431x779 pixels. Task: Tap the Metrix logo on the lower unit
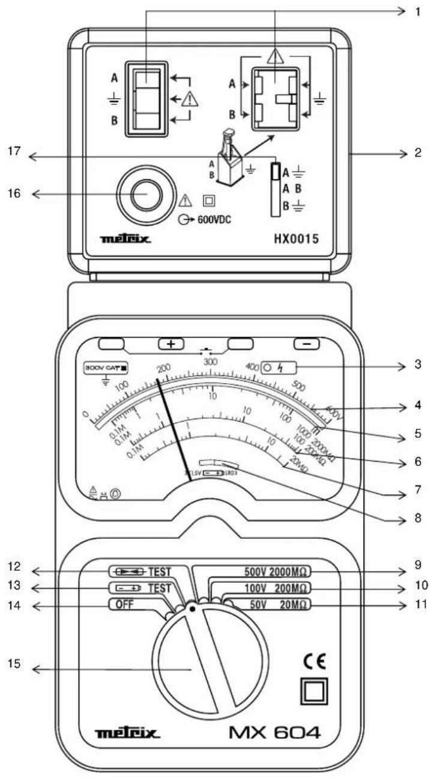pos(127,733)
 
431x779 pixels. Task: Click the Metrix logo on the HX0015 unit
pos(126,240)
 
